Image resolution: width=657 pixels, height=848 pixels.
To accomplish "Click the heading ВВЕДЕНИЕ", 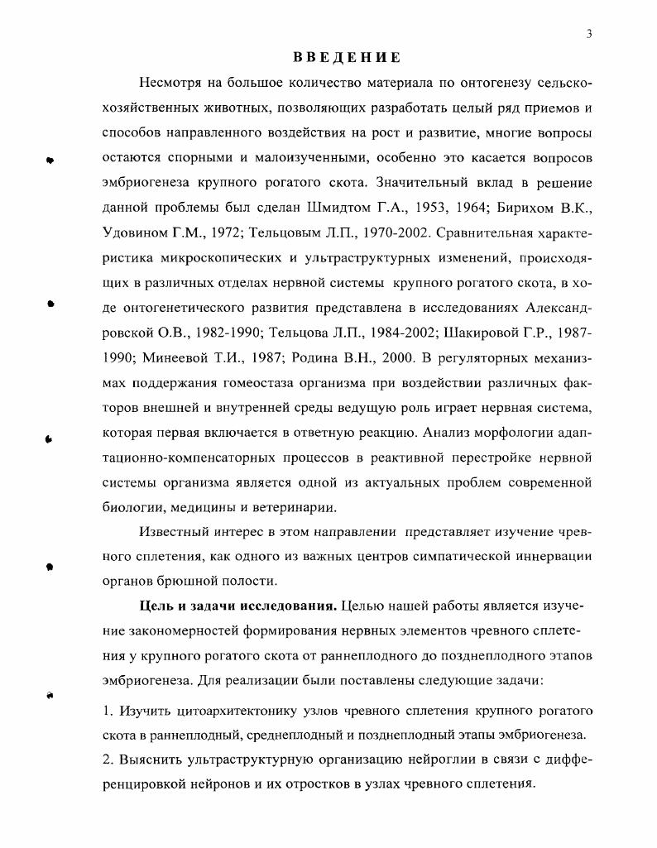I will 348,58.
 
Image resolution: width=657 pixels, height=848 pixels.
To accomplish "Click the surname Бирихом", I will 509,208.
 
